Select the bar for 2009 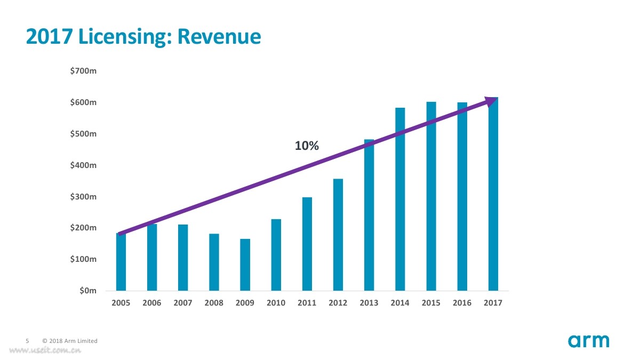click(245, 265)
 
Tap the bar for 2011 click(307, 244)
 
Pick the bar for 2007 click(183, 258)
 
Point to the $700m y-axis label click(83, 71)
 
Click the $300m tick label click(83, 197)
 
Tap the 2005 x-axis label click(121, 303)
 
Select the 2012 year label click(338, 303)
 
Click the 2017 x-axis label click(492, 303)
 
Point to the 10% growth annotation click(307, 146)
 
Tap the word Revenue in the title click(219, 36)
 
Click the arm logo click(588, 341)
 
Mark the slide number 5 click(28, 341)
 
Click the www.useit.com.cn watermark click(45, 350)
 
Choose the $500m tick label click(83, 134)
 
